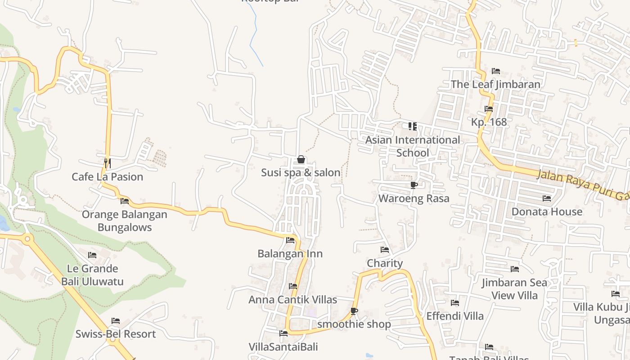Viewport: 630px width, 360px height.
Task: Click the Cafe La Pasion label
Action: click(x=107, y=177)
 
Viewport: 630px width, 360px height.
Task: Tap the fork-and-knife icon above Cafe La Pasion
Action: click(x=107, y=162)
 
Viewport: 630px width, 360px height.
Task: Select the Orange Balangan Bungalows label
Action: click(x=124, y=220)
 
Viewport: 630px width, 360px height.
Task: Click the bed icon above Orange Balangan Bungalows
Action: click(x=125, y=201)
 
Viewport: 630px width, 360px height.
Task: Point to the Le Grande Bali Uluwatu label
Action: click(x=92, y=275)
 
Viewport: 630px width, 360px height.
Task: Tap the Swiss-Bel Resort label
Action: click(x=116, y=334)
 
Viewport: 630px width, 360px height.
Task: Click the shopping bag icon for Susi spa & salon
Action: click(x=301, y=160)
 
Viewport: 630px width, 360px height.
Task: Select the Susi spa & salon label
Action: click(x=301, y=172)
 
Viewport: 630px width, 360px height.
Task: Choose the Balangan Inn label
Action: click(x=290, y=254)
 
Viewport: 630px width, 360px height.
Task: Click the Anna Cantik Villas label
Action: click(x=292, y=300)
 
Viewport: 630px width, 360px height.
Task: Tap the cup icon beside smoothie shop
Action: click(x=354, y=311)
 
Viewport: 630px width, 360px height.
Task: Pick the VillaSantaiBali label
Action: click(x=283, y=347)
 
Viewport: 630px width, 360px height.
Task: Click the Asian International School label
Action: click(x=413, y=146)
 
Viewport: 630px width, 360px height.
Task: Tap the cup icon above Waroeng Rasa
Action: click(x=414, y=185)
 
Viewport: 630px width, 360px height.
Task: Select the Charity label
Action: click(x=385, y=263)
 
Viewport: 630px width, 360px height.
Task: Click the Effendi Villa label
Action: click(x=455, y=316)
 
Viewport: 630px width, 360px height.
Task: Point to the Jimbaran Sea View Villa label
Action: click(x=515, y=289)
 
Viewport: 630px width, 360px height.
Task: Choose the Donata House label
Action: click(x=547, y=211)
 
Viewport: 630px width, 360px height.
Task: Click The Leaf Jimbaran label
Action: click(x=495, y=84)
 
